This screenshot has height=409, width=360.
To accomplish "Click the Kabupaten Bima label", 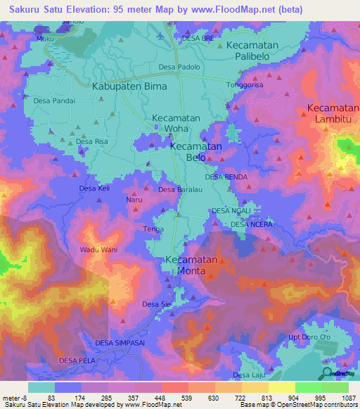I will [x=129, y=86].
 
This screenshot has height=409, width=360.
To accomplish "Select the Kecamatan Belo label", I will [x=195, y=152].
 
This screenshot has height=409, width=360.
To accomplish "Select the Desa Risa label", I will [x=92, y=141].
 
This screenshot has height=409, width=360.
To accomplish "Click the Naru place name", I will [x=134, y=200].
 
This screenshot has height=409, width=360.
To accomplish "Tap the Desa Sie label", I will [x=157, y=304].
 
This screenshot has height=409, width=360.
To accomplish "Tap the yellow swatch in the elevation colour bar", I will [x=282, y=387].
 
